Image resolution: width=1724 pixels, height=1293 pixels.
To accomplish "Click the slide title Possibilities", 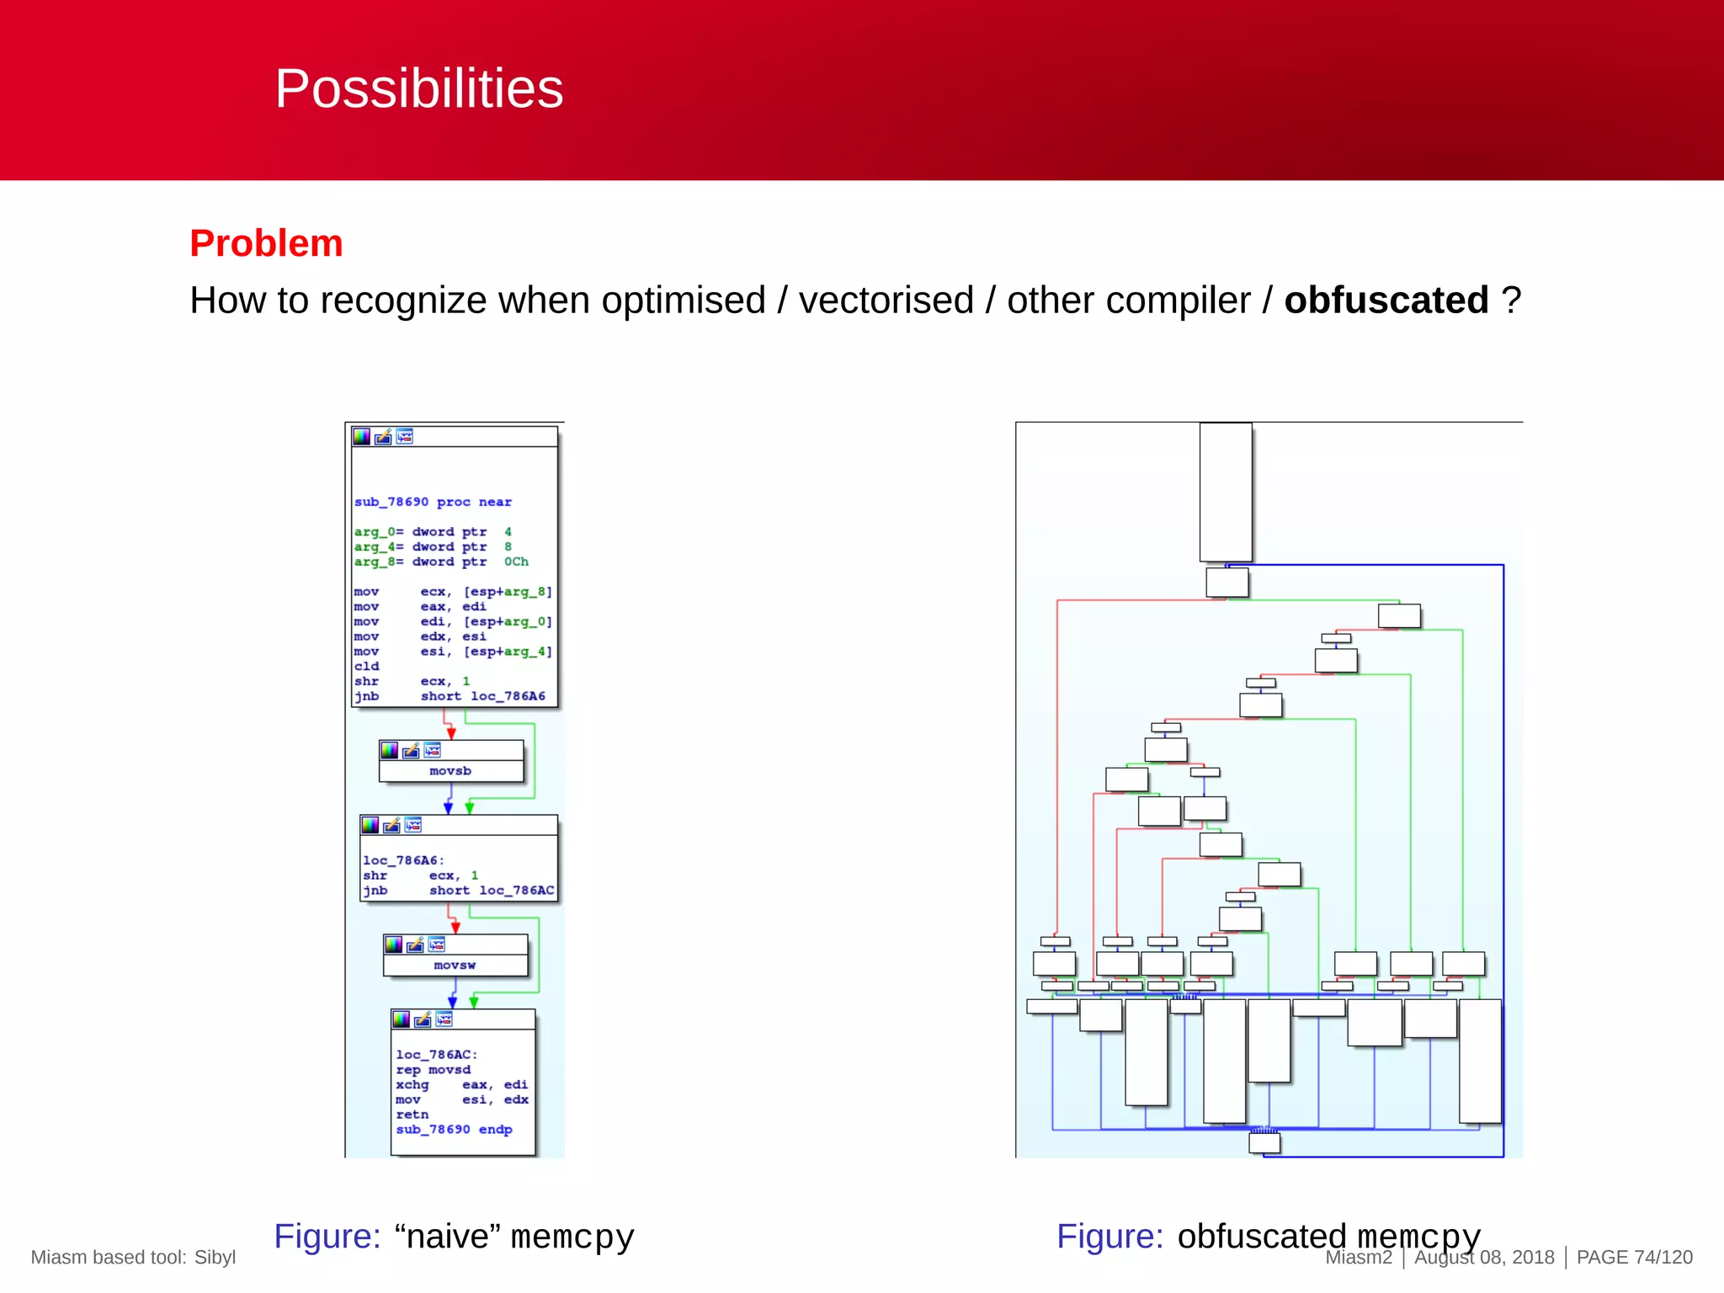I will [x=418, y=88].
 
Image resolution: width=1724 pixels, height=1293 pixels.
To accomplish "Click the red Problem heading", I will [x=266, y=243].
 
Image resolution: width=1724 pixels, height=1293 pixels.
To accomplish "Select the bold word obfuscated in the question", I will [x=1386, y=301].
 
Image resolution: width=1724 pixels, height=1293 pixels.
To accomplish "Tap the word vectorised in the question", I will [x=886, y=301].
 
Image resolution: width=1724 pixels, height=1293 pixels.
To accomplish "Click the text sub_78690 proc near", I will [x=433, y=502].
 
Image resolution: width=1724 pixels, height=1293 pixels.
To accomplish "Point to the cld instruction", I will [x=366, y=666].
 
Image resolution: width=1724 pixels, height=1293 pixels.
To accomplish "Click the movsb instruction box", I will [x=450, y=770].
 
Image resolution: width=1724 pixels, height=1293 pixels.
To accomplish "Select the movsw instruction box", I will [x=455, y=965].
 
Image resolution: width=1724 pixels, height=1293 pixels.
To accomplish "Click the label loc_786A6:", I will [x=403, y=860].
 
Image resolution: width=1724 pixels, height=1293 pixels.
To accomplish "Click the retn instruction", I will [x=412, y=1115].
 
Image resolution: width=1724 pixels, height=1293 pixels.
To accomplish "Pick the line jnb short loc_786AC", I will [x=458, y=891].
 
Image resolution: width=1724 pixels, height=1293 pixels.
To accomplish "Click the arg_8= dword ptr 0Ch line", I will [x=441, y=561].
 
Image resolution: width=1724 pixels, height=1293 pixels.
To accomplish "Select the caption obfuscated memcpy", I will [x=1328, y=1237].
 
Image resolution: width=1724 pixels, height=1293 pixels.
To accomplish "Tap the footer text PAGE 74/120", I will [x=1634, y=1258].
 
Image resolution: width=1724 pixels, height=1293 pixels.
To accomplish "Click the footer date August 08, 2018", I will [x=1484, y=1258].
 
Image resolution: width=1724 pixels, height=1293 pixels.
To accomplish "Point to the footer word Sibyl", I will [x=215, y=1258].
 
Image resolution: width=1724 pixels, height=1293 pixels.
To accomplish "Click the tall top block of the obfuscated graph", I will [x=1225, y=492].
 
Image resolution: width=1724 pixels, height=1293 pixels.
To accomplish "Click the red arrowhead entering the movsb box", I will [x=451, y=733].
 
